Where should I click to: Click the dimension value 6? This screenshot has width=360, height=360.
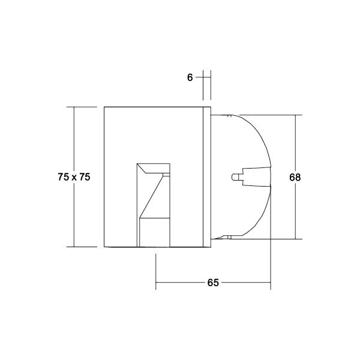[190, 77]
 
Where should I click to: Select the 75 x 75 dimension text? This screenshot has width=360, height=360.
[74, 177]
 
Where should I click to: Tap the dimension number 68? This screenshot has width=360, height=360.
[295, 178]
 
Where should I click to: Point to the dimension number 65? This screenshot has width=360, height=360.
[213, 283]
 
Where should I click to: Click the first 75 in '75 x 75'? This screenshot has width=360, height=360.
[63, 177]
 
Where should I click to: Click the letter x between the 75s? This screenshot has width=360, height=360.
[74, 178]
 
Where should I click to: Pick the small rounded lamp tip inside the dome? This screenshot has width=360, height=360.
[235, 177]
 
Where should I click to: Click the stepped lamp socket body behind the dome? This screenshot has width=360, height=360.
[255, 177]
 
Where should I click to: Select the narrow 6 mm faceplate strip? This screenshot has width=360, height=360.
[207, 177]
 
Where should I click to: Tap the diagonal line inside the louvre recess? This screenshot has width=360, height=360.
[152, 195]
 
